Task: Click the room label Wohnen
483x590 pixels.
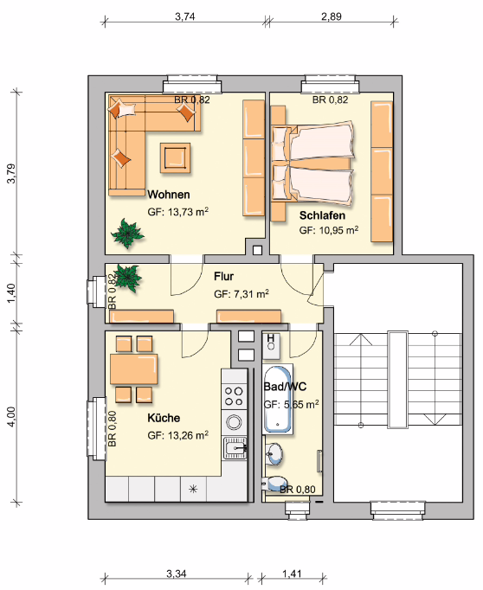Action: coord(168,195)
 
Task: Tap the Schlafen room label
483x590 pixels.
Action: coord(322,215)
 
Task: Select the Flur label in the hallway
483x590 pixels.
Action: coord(223,276)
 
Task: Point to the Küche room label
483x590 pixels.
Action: coord(164,418)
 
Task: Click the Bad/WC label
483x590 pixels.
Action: coord(285,387)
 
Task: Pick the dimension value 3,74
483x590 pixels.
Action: coord(185,16)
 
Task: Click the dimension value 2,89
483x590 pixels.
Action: coord(332,16)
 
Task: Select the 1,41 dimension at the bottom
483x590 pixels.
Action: coord(292,574)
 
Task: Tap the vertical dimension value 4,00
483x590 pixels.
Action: coord(11,416)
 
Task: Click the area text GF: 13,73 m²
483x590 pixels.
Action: coord(178,212)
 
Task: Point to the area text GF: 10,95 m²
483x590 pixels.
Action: coord(329,230)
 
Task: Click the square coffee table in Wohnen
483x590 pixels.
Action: coord(175,157)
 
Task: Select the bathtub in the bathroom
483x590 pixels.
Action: coord(278,399)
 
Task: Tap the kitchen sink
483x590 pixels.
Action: coord(235,448)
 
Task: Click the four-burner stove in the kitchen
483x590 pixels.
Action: coord(234,396)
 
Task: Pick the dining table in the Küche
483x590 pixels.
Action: coord(133,369)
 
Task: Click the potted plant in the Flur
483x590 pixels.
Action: coord(127,278)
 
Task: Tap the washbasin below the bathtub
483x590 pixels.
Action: coord(274,453)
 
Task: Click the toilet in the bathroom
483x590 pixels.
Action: coord(274,483)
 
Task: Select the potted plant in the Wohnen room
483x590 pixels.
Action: coord(127,234)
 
